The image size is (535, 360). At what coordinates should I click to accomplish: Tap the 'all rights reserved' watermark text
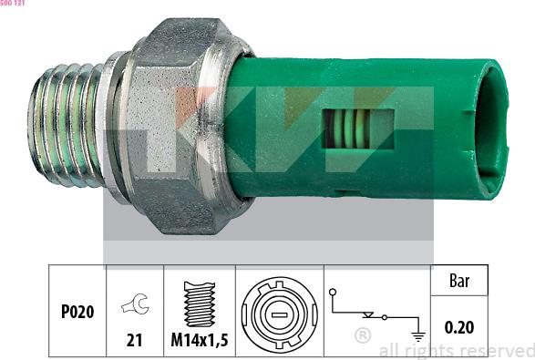456,351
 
